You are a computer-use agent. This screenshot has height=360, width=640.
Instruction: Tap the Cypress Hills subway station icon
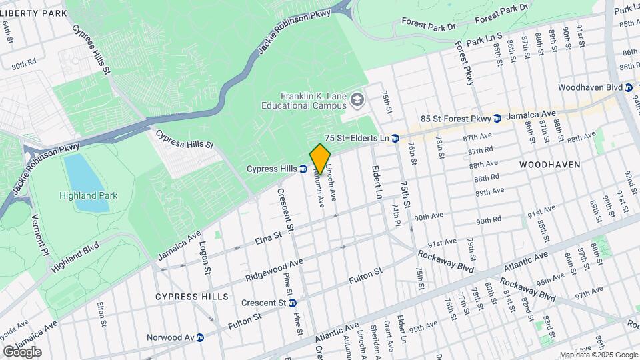303,169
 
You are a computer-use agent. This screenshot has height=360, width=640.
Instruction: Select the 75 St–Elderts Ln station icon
395,138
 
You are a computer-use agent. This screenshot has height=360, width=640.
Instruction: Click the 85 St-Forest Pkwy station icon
497,119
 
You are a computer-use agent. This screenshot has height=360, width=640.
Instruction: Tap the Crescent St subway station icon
292,303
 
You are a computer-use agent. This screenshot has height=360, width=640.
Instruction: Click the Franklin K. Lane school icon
357,101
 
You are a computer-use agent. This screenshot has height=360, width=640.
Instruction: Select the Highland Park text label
88,195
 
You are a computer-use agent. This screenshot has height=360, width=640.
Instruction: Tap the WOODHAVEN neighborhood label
549,164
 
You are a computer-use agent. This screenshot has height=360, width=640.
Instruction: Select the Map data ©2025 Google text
598,355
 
